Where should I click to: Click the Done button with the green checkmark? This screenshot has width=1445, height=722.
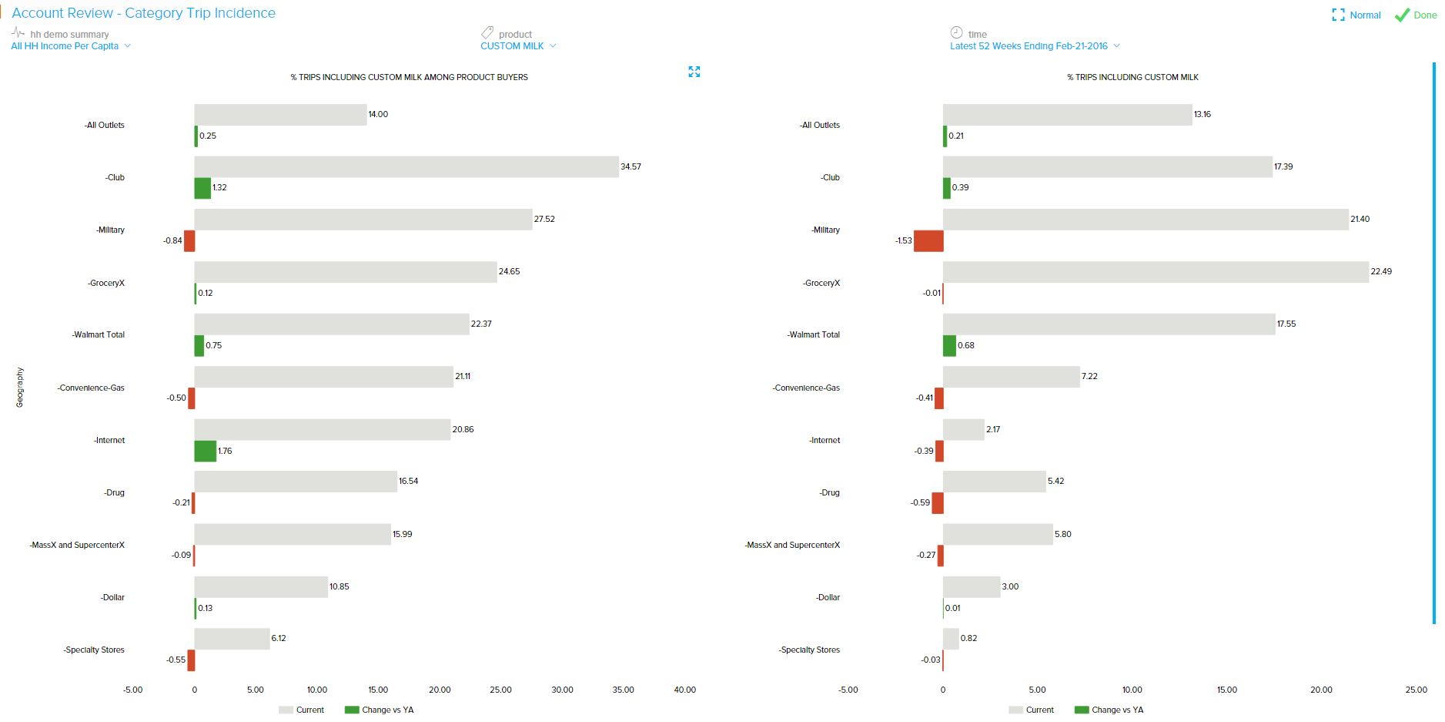click(1416, 15)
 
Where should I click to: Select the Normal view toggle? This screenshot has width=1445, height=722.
click(1356, 15)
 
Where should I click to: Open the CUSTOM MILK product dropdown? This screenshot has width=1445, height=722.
click(518, 46)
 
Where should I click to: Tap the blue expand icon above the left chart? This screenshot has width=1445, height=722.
click(694, 72)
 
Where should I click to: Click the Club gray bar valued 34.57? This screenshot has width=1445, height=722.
click(406, 167)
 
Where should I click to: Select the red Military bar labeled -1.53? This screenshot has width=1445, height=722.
click(928, 240)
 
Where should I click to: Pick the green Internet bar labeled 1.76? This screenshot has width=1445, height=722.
click(206, 451)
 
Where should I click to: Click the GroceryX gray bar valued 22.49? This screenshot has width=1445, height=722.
click(1156, 272)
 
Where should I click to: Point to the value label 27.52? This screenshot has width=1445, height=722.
click(544, 220)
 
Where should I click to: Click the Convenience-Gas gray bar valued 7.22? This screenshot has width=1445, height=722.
click(1011, 377)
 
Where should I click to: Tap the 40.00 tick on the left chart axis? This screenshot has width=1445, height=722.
click(684, 690)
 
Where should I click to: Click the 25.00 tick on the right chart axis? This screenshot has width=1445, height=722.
click(1416, 690)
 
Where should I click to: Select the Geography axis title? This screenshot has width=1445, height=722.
click(20, 387)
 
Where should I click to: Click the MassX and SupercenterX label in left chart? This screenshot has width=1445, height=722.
click(77, 546)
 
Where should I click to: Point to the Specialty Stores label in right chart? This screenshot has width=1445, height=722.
click(809, 650)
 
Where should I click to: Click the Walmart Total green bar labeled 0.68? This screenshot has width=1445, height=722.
click(949, 346)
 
